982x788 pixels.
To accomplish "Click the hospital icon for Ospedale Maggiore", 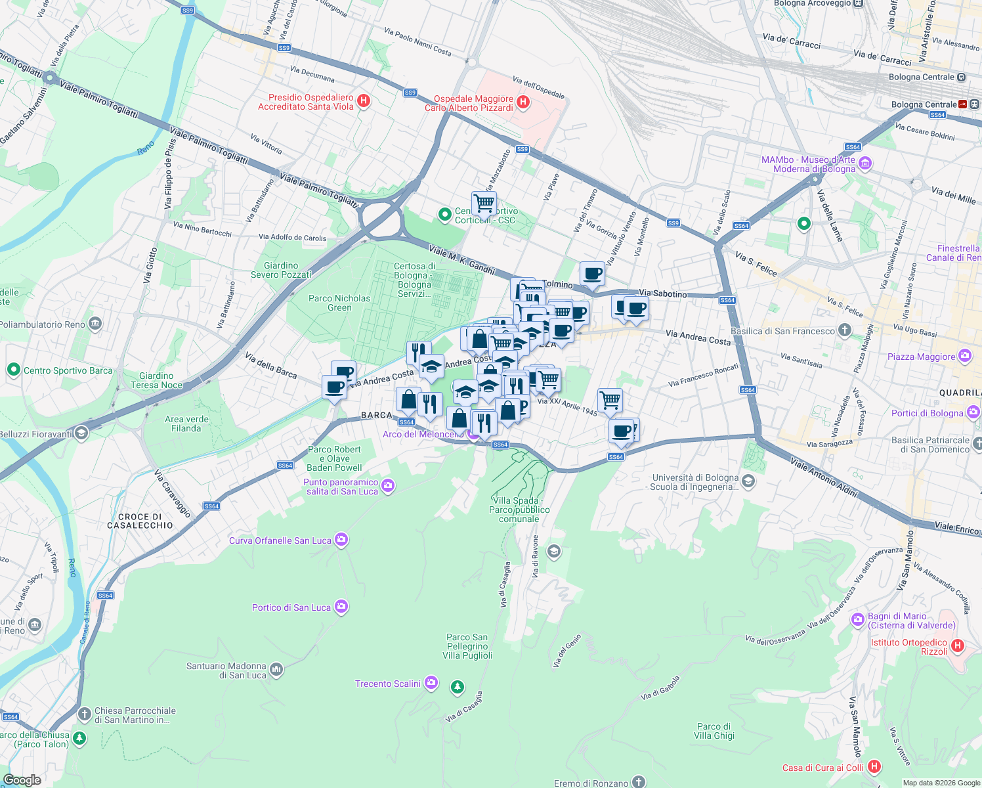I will tap(523, 102).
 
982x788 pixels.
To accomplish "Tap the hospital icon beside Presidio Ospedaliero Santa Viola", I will tap(364, 101).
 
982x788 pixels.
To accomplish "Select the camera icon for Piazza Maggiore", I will tap(964, 356).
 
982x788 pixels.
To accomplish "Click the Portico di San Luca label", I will tap(291, 607).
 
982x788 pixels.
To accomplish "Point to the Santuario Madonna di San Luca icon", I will tap(276, 670).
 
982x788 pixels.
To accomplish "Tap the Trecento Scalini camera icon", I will tap(431, 683).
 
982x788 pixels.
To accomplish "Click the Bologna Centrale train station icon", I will tap(962, 104).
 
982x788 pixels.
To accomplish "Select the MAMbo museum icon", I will tap(865, 164).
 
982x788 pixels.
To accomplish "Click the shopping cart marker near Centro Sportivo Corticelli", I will tap(484, 204).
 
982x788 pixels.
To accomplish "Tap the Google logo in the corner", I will tap(22, 779).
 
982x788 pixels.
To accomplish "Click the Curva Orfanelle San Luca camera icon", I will tap(341, 540).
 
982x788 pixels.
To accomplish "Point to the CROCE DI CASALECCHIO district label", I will tap(140, 521).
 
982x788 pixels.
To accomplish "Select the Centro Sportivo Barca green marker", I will tap(13, 370).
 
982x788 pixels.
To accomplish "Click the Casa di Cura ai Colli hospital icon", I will tap(874, 766).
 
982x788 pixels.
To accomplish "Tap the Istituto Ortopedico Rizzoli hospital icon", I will tap(957, 646).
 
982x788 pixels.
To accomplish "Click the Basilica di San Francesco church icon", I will tap(845, 330).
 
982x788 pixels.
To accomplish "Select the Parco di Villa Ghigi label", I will tap(714, 731).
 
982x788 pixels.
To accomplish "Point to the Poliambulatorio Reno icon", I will tap(95, 324).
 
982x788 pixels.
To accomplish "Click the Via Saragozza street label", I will tap(829, 443).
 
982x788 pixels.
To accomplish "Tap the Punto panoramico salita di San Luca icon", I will tap(388, 485).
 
